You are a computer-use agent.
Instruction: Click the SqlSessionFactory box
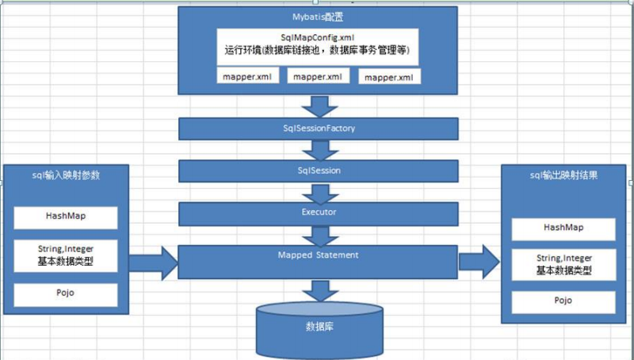pyautogui.click(x=319, y=128)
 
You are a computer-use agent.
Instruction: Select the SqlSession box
pyautogui.click(x=319, y=170)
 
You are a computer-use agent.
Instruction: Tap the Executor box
pyautogui.click(x=319, y=213)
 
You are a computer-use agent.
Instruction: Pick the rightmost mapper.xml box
pyautogui.click(x=389, y=77)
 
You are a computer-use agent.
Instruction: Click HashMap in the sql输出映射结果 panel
pyautogui.click(x=563, y=228)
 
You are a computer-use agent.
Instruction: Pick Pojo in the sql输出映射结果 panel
pyautogui.click(x=563, y=302)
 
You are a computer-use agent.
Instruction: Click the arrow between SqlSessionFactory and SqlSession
pyautogui.click(x=319, y=149)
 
